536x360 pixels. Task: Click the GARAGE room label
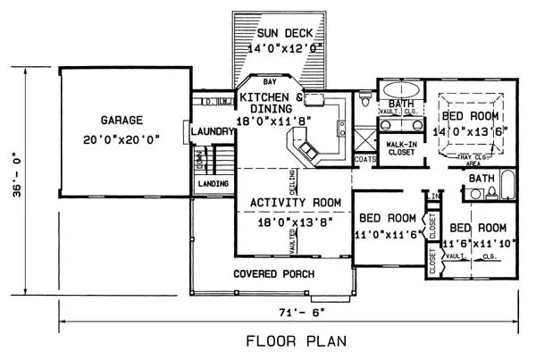(x=121, y=118)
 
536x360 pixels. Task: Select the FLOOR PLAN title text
(x=291, y=341)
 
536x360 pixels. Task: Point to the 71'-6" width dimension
(x=291, y=312)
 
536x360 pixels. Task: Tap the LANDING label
(x=214, y=184)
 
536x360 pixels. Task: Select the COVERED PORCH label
(x=272, y=273)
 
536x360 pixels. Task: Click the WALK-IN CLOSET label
(x=400, y=147)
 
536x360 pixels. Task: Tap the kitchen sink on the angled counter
(x=307, y=148)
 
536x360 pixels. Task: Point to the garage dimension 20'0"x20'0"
(x=122, y=138)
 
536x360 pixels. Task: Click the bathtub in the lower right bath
(x=507, y=184)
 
